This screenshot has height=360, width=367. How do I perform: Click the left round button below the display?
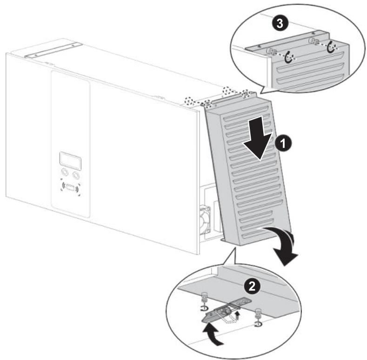pos(65,174)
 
